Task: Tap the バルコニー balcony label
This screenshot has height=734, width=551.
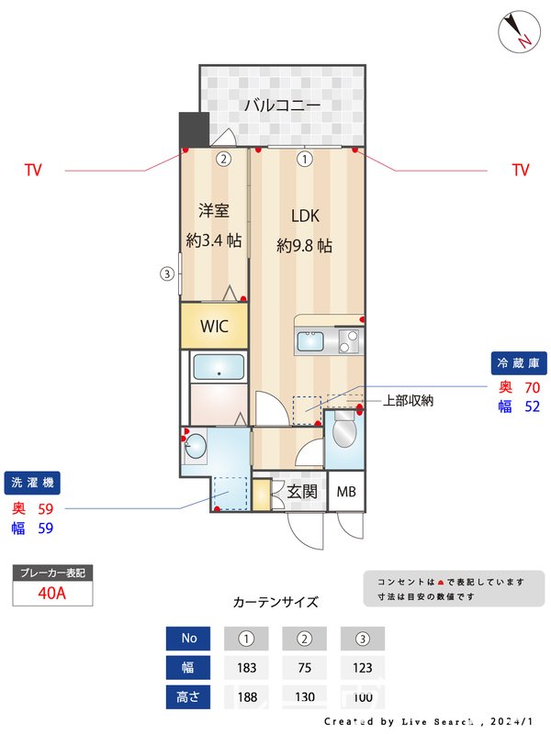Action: pos(282,106)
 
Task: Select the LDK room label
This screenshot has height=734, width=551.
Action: pos(305,217)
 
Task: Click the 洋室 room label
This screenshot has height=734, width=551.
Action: pos(214,211)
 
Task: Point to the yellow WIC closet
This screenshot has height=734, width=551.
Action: pos(214,326)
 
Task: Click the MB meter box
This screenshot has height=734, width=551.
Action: pos(345,492)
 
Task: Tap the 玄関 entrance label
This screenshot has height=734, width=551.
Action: pos(302,492)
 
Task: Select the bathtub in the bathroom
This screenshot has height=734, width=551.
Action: pos(218,369)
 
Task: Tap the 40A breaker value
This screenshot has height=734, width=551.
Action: pos(52,593)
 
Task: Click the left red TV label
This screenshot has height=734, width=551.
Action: pos(33,170)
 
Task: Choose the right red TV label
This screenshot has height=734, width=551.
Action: pos(521,170)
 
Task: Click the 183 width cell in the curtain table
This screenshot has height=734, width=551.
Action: pos(245,668)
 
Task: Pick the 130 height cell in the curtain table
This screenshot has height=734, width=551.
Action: pos(304,697)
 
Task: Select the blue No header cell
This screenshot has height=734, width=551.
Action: pos(189,638)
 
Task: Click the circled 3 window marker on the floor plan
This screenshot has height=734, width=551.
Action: pos(166,272)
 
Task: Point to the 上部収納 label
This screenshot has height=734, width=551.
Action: pos(408,401)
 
